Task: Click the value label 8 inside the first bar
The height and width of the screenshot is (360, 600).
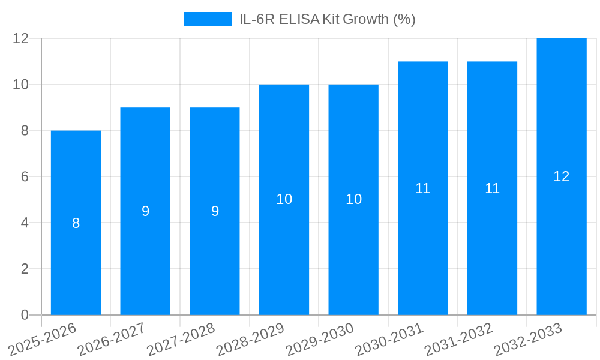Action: pos(76,223)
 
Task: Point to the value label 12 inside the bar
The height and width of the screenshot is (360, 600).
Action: pos(562,176)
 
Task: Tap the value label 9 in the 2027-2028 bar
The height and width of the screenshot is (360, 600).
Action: pos(215,211)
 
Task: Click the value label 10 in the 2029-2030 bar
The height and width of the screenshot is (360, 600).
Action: pos(353,199)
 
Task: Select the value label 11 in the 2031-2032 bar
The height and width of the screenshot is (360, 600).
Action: pos(492,188)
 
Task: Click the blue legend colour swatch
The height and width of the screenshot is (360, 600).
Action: pos(208,19)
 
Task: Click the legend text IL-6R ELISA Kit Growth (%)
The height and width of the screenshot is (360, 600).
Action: pos(327,19)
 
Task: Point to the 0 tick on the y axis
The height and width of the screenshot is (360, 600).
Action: pos(25,315)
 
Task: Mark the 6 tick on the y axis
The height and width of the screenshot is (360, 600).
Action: pos(25,176)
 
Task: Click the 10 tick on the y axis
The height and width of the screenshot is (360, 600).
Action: pos(21,85)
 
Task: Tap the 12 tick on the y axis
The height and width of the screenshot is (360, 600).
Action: pos(21,38)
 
